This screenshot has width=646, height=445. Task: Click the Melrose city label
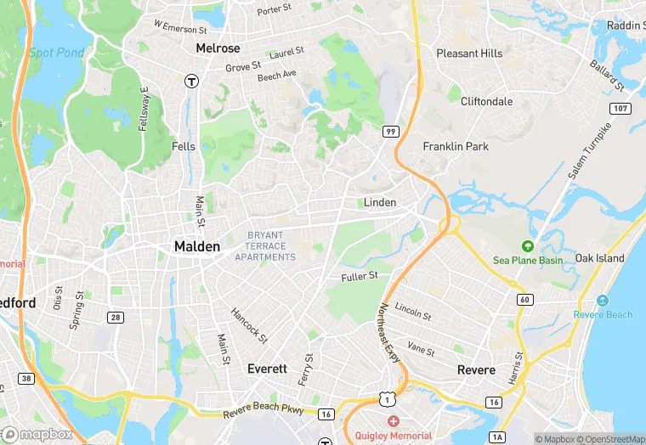point(218,48)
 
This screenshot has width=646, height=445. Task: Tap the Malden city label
point(196,246)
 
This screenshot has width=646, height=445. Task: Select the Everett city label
point(267,369)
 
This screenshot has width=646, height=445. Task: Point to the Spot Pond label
point(57,53)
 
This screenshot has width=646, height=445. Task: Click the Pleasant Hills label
point(469,54)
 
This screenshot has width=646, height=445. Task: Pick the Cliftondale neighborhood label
point(486,101)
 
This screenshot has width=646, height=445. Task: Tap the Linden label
point(380,203)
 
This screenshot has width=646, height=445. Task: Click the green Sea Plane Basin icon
point(527,246)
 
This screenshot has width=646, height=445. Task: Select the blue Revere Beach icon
point(603,301)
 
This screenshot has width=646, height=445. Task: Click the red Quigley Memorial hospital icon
point(392,421)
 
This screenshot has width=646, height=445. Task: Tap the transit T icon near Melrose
point(192,82)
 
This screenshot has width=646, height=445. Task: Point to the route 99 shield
point(391,131)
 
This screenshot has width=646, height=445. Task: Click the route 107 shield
point(620,109)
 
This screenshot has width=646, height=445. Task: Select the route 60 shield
point(524,300)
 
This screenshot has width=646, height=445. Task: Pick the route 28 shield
point(114,317)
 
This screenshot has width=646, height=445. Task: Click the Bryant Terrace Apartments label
point(265,246)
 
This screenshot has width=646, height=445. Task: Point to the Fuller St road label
point(365,276)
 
